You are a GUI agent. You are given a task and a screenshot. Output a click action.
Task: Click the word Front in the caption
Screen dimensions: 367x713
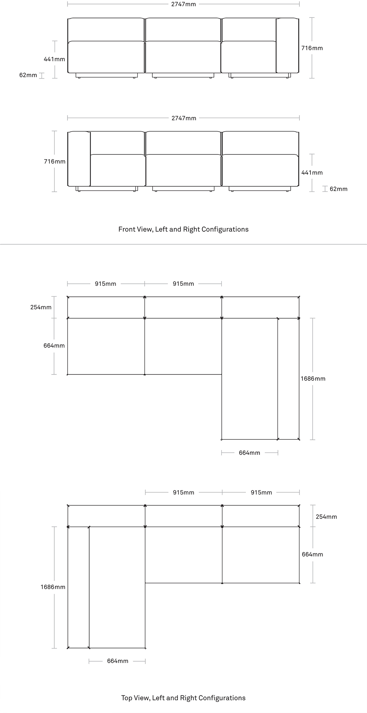tap(126, 229)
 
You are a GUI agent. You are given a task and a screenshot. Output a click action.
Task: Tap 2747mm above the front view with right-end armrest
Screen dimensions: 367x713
tap(183, 4)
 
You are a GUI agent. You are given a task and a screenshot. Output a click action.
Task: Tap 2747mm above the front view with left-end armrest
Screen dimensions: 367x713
tap(183, 118)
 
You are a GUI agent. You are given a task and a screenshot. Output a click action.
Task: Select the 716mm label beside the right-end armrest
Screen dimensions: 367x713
tap(312, 48)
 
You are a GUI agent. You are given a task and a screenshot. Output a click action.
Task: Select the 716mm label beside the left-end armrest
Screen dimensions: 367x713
tap(55, 161)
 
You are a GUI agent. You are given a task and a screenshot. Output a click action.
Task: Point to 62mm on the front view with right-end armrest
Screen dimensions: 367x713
tap(28, 75)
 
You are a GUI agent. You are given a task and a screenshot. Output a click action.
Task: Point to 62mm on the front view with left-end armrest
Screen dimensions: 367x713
tap(338, 189)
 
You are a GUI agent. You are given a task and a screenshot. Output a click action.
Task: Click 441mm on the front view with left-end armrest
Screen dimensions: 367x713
tap(312, 172)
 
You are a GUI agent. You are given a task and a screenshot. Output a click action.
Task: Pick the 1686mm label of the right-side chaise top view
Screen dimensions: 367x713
tap(313, 379)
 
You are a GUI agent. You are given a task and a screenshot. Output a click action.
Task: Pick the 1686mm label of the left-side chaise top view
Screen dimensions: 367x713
tap(53, 587)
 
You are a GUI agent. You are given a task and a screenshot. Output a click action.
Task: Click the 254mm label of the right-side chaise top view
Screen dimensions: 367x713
tap(41, 307)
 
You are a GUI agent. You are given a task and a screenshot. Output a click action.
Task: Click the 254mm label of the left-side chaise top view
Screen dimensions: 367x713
tap(326, 517)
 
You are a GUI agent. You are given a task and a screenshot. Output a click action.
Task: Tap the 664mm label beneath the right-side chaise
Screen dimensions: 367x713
tap(250, 453)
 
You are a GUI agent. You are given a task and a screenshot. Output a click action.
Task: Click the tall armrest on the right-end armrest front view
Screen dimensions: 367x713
tap(287, 45)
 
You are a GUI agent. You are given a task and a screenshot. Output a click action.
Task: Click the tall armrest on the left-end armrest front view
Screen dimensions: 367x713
tap(79, 158)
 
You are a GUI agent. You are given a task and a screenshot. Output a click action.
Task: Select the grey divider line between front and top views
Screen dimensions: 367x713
tap(183, 244)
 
